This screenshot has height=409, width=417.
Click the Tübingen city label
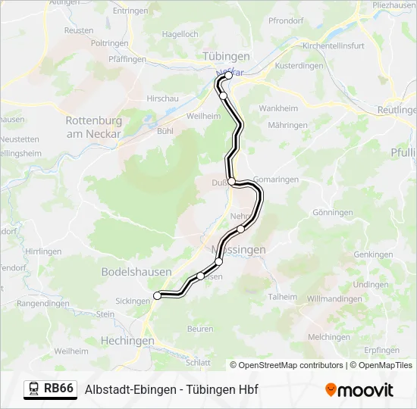226,57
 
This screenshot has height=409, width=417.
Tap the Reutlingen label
398,110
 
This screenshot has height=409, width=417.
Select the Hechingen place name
127,341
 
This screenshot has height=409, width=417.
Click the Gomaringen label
277,180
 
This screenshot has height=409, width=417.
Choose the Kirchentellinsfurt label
333,45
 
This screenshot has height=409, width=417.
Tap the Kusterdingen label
299,66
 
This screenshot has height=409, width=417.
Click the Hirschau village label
161,98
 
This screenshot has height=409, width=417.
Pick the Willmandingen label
334,299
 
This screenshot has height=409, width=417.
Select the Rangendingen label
43,303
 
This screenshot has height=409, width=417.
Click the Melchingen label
329,337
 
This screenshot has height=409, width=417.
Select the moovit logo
359,390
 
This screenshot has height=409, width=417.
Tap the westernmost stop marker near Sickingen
158,295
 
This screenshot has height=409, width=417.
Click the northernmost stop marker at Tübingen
228,76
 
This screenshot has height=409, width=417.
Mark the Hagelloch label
180,34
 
